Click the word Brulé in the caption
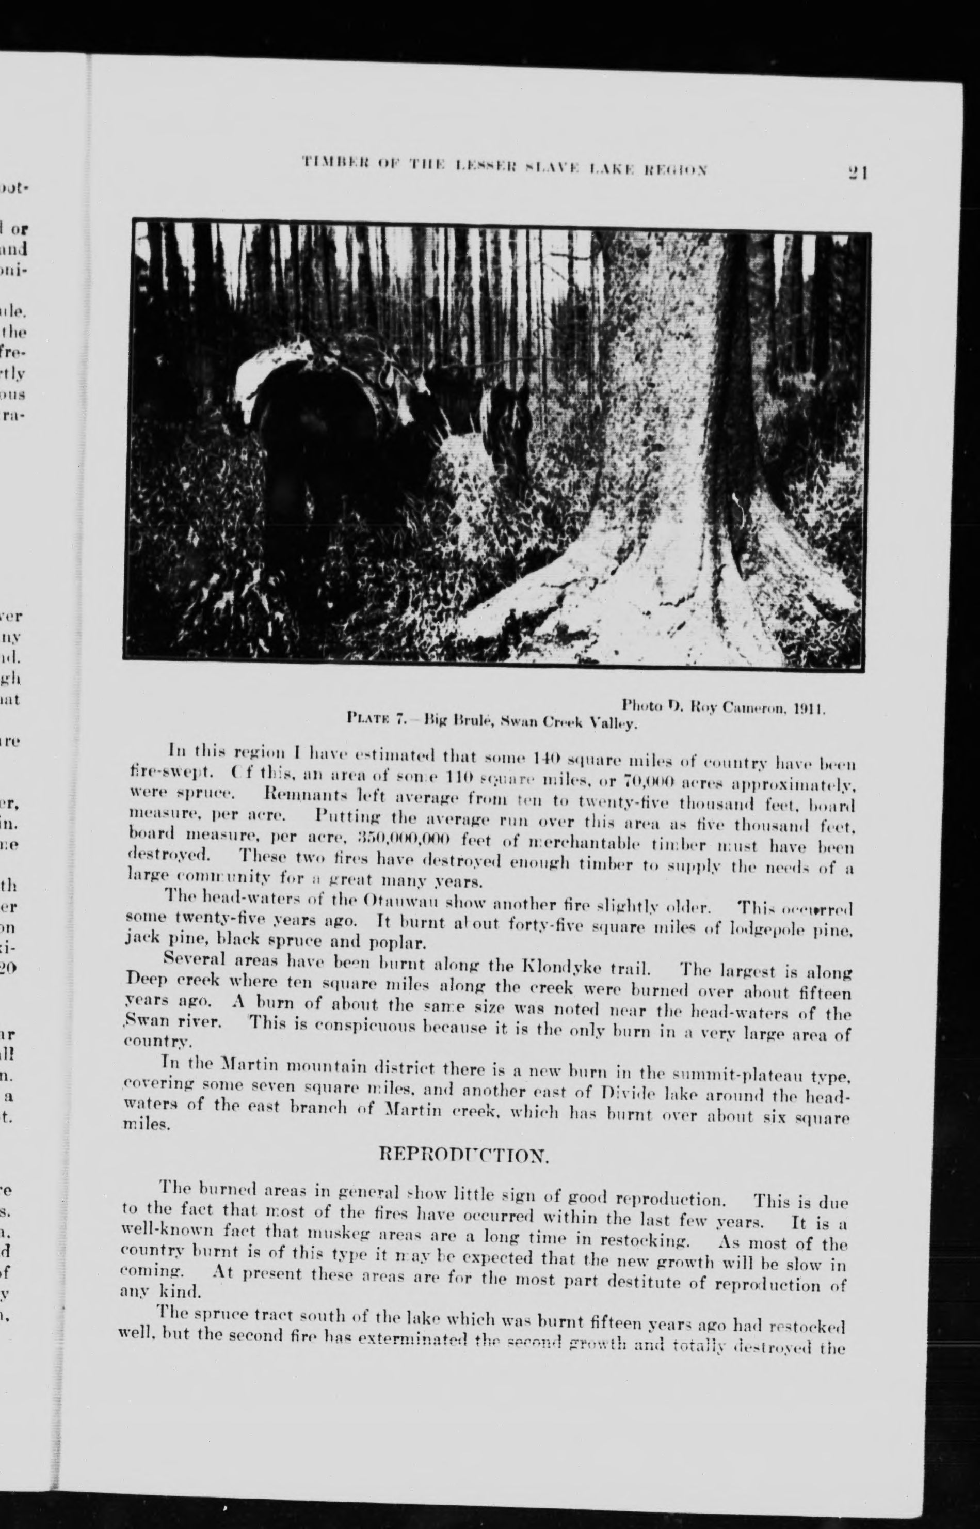point(470,722)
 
